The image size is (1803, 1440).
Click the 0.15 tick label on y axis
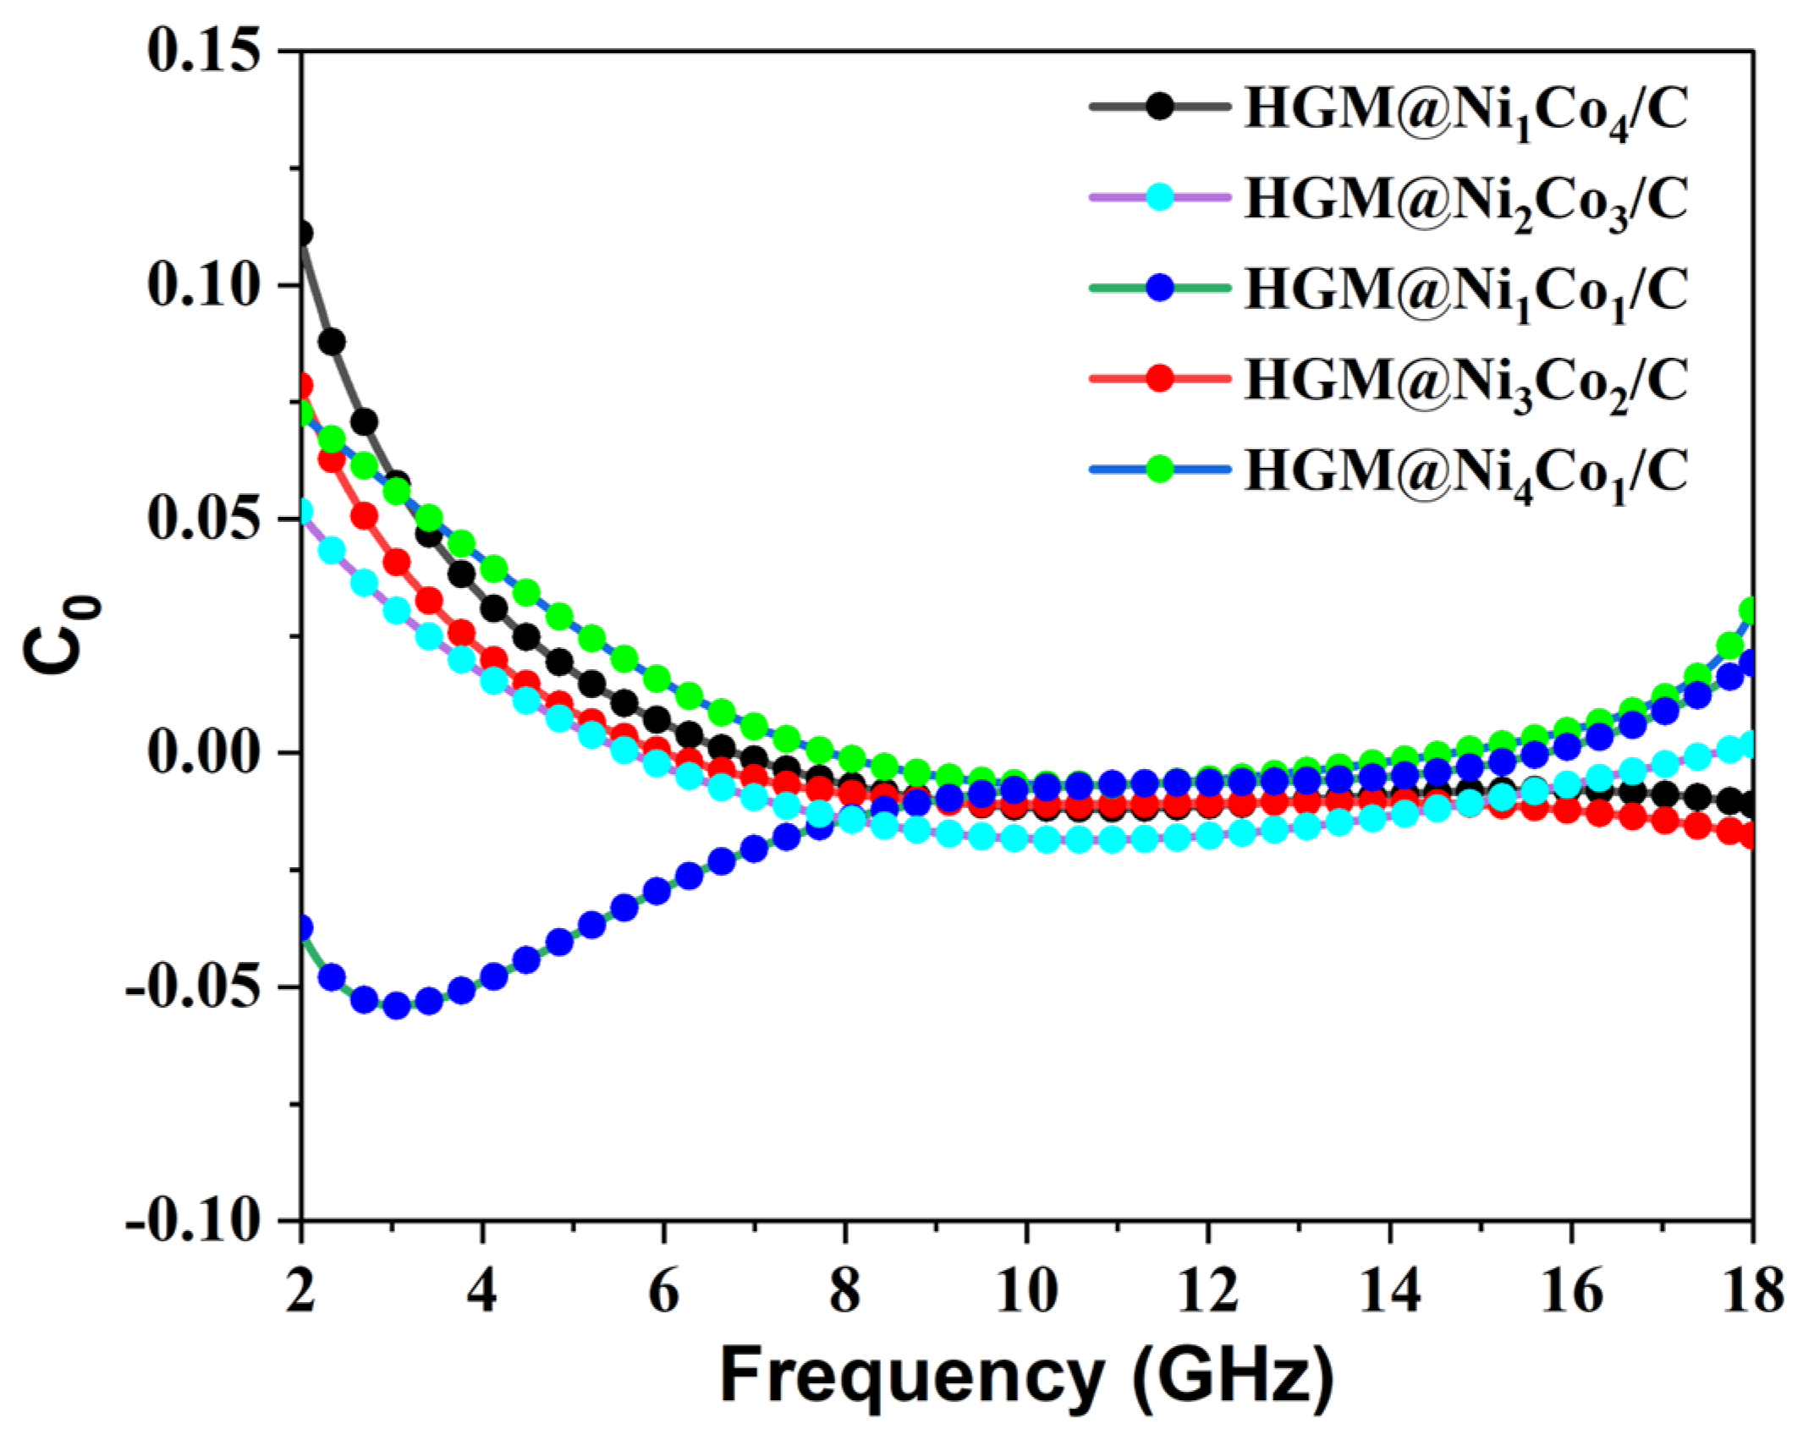click(202, 51)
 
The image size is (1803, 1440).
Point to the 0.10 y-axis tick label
click(202, 284)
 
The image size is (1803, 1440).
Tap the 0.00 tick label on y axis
click(202, 752)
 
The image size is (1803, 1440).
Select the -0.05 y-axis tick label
click(191, 987)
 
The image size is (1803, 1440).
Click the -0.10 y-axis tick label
click(191, 1221)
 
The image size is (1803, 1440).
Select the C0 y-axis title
click(63, 635)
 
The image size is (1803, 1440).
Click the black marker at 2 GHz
click(302, 233)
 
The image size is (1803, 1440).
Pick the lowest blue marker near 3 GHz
click(397, 1006)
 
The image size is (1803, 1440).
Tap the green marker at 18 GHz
click(1748, 610)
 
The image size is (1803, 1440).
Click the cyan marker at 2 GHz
click(302, 512)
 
